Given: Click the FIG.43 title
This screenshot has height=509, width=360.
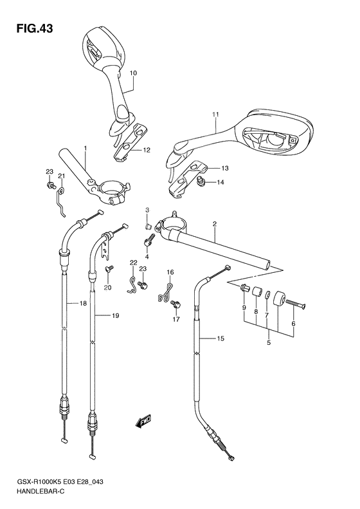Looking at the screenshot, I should tap(31, 28).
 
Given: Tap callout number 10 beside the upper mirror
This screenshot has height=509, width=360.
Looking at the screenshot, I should tap(134, 73).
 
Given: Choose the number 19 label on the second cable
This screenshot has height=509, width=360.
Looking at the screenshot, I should tap(116, 316).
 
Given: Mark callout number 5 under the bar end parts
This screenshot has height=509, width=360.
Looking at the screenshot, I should tap(269, 343).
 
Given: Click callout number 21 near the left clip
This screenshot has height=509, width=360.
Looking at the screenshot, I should tap(62, 176).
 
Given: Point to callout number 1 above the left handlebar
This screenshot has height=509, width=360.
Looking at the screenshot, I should tap(84, 149).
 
